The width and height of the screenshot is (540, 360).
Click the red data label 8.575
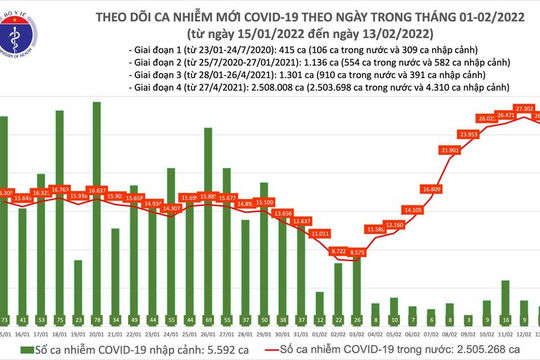click(x=356, y=252)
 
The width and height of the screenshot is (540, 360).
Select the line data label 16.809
click(x=431, y=187)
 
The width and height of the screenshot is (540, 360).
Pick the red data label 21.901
click(x=452, y=149)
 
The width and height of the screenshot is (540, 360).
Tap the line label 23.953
click(x=470, y=134)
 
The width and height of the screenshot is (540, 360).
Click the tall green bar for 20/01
click(x=97, y=201)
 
